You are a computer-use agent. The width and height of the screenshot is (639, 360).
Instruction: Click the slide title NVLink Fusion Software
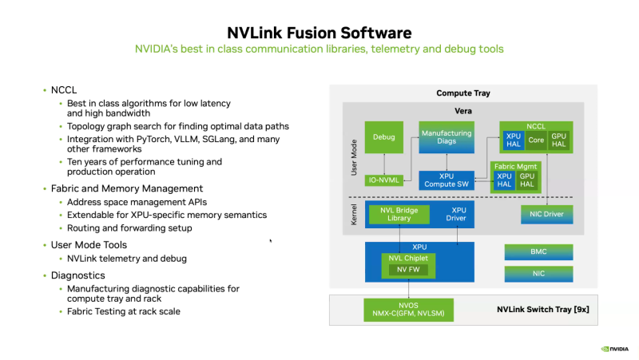319,33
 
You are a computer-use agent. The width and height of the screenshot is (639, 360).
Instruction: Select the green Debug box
383,137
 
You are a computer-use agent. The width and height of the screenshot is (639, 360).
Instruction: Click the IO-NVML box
383,180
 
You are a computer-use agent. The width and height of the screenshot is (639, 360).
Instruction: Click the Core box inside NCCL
536,140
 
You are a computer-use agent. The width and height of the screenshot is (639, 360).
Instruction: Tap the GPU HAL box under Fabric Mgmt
527,180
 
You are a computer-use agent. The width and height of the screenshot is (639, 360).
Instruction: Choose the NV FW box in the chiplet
407,270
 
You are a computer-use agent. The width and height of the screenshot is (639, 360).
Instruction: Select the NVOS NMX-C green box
408,308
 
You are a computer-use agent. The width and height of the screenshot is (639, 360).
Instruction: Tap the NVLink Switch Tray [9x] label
542,308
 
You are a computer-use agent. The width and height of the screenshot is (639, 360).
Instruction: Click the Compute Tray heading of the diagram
463,93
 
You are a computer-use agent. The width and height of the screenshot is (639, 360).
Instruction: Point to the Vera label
463,110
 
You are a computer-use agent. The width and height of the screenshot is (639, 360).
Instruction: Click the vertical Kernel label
354,213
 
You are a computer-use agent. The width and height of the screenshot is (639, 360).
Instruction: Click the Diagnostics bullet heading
78,275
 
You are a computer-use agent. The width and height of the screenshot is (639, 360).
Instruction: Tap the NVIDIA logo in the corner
613,349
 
